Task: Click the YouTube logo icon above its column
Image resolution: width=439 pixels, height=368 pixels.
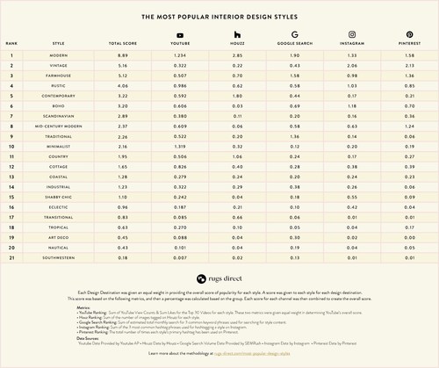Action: coord(180,34)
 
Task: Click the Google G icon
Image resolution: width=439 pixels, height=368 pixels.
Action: coord(287,34)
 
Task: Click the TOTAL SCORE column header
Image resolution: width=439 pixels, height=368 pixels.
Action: coord(120,43)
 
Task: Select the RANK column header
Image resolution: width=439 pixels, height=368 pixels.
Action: coord(13,43)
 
